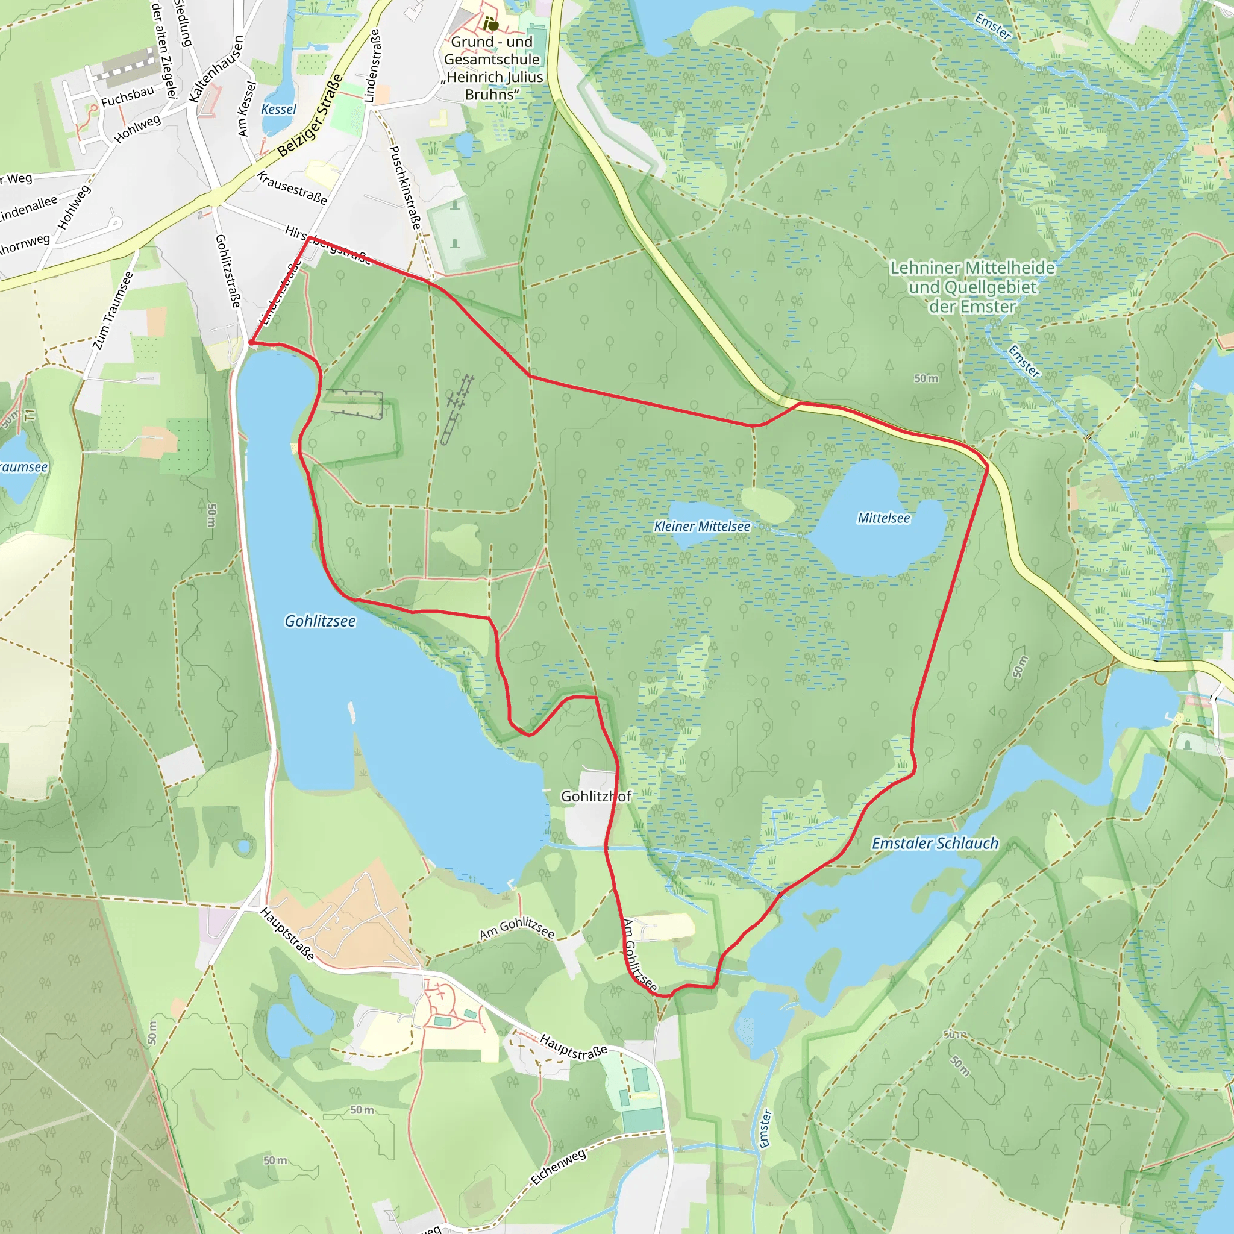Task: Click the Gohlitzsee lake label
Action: coord(320,621)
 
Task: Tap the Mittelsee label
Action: coord(883,518)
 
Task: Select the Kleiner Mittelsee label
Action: coord(702,526)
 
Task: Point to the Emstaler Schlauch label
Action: coord(935,843)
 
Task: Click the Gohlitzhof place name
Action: coord(595,796)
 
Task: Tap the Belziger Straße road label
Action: coord(310,116)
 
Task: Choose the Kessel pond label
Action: coord(278,109)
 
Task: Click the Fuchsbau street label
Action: coord(128,96)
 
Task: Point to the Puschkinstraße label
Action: coord(406,188)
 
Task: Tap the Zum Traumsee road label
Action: coord(113,311)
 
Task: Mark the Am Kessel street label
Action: coord(246,108)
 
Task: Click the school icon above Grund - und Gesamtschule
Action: coord(490,24)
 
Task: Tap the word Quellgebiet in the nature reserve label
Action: coord(972,287)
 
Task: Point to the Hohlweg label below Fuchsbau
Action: coord(137,129)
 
